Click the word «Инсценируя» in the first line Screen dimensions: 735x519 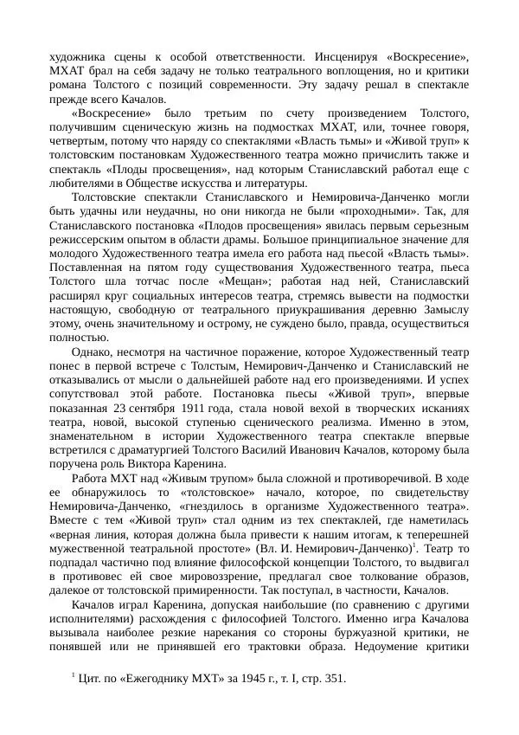(x=356, y=55)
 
